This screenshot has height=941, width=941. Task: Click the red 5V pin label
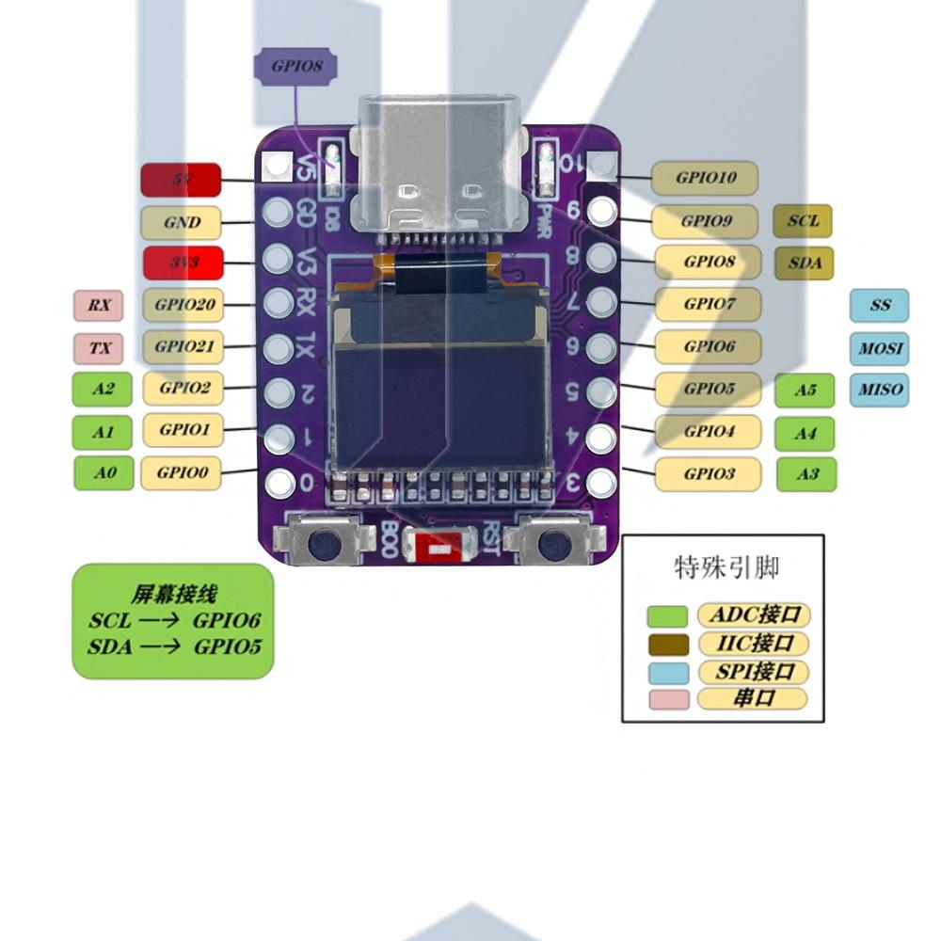point(181,179)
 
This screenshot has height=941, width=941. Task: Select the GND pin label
point(181,223)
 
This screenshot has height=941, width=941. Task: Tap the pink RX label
point(99,305)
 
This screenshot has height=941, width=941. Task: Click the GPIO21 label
point(183,346)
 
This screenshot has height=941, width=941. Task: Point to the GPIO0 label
point(181,472)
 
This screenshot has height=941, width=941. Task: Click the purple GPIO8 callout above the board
point(296,67)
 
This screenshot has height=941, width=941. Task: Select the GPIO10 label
point(706,177)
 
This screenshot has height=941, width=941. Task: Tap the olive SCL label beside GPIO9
point(803,221)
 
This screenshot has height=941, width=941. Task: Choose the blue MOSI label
point(880,348)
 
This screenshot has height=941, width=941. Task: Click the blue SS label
point(880,305)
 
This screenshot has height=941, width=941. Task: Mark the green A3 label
point(806,474)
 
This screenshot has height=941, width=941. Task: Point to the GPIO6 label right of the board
point(708,346)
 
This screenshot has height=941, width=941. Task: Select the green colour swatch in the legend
point(667,616)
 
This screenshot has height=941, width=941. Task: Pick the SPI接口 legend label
point(754,671)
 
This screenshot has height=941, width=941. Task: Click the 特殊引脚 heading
point(726,567)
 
